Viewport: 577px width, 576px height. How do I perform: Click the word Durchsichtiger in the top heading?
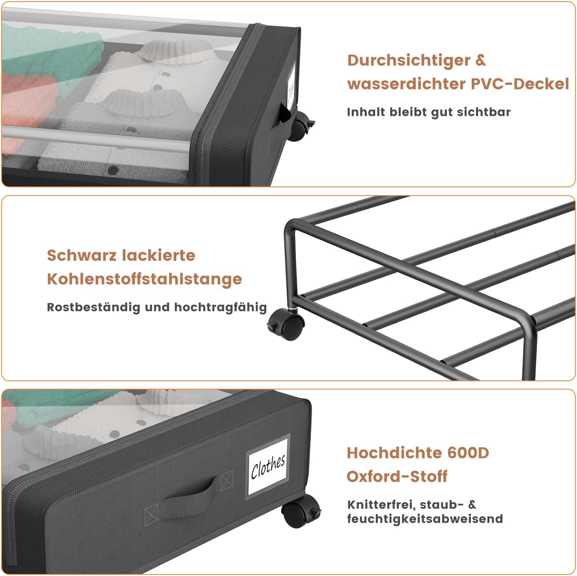(409, 61)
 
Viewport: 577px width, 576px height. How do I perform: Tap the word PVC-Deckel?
(520, 84)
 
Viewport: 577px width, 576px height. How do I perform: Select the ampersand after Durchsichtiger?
(480, 60)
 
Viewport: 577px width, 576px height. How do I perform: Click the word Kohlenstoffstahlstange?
(144, 279)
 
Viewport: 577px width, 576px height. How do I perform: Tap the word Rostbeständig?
(93, 308)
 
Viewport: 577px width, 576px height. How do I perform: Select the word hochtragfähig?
(220, 308)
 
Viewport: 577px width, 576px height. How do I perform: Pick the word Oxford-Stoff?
(397, 476)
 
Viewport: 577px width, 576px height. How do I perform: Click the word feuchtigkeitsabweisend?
(425, 519)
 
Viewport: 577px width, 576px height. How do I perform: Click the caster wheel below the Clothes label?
(300, 511)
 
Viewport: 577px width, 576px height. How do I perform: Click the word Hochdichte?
(395, 453)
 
